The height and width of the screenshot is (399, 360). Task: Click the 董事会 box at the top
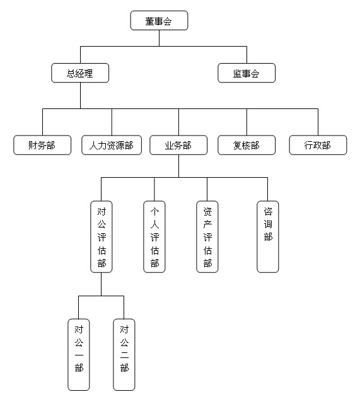coord(159,20)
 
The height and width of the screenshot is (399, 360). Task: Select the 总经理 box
coord(80,73)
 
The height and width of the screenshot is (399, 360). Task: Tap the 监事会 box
coord(247,73)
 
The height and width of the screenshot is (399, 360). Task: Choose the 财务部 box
coord(42,145)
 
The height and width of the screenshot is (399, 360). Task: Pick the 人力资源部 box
coord(112,145)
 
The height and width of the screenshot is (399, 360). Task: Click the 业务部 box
coord(178,145)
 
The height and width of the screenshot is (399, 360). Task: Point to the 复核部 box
coord(247,145)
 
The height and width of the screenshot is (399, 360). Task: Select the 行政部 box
coord(318,145)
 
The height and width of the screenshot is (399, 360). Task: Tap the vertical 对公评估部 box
coord(102,237)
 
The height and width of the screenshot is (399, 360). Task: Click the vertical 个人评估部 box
coord(154,237)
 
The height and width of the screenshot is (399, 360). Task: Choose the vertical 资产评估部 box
coord(207,237)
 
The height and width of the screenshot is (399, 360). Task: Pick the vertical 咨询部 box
coord(268,237)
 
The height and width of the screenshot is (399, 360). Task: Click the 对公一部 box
coord(79,355)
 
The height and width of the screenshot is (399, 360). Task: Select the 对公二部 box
coord(124,355)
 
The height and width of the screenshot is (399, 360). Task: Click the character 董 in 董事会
coord(150,21)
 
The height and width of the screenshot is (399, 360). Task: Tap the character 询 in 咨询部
coord(268,224)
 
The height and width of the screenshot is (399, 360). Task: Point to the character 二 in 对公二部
coord(124,355)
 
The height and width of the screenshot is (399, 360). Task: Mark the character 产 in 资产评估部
coord(207,224)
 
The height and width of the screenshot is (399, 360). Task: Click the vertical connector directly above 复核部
coord(247,122)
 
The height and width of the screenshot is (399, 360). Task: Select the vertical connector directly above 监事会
coord(247,55)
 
